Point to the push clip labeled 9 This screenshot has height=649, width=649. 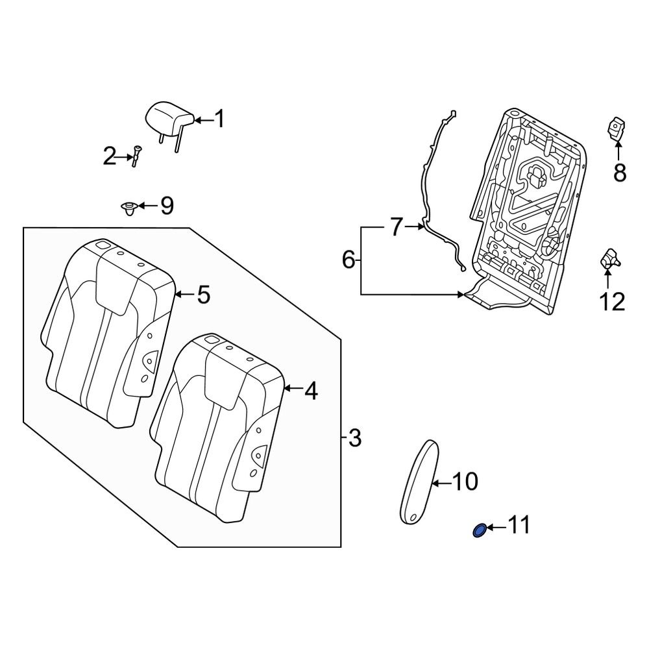129,208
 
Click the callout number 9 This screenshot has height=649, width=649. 167,206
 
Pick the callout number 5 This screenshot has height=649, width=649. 203,295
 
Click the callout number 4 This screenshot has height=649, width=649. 311,391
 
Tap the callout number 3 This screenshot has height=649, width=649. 354,439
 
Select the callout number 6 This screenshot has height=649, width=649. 349,261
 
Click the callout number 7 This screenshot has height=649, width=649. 397,227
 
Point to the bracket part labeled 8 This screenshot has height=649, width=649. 617,129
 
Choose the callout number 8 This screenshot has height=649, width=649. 620,173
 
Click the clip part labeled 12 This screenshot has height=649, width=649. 609,260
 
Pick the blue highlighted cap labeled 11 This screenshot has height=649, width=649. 478,530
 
